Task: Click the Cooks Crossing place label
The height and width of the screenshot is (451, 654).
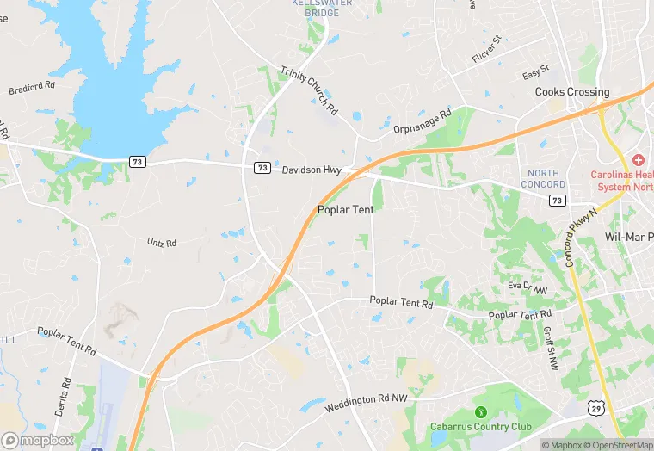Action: coord(571,91)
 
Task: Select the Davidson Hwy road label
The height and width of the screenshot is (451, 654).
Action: coord(312,170)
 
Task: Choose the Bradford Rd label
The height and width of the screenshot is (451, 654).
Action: coord(31,89)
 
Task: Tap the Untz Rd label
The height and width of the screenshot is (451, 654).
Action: coord(161,243)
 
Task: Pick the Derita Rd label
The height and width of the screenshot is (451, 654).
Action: coord(63,397)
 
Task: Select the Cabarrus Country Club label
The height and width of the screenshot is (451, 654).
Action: coord(480,427)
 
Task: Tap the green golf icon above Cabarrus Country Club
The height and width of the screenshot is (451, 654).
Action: coord(481,411)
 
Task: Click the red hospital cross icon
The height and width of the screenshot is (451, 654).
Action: coord(638,160)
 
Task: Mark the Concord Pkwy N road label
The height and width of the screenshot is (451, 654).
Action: coord(581,236)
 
